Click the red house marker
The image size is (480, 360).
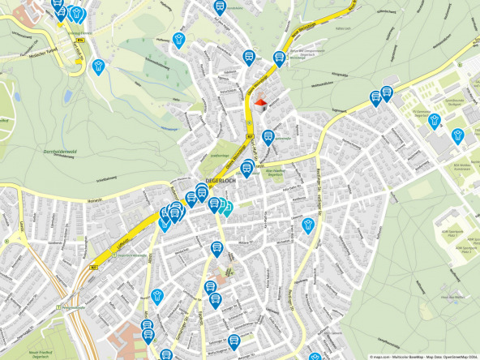(x=260, y=104)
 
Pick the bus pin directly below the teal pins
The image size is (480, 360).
(x=216, y=248)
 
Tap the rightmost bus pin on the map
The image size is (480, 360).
(x=386, y=93)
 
